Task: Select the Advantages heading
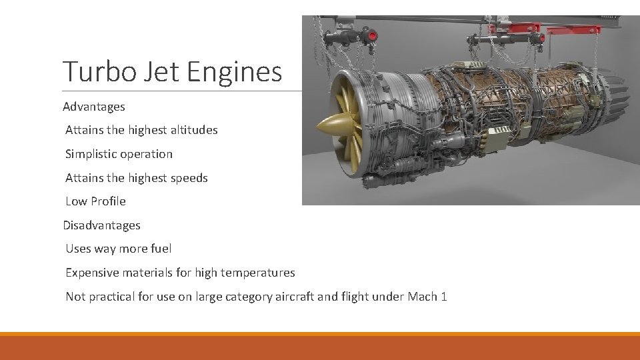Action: coord(94,107)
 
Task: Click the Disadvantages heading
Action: coord(102,225)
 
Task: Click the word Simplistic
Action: coord(92,154)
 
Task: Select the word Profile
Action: coord(108,201)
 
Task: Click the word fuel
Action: coord(161,249)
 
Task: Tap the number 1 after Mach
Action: coord(444,297)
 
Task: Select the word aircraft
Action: coord(294,297)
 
